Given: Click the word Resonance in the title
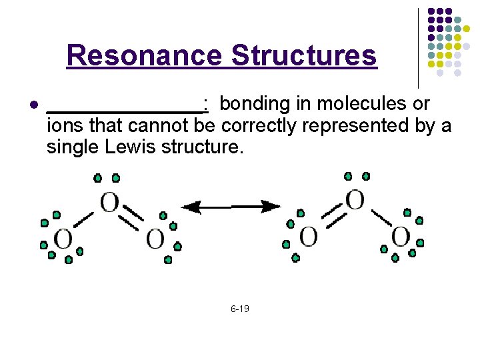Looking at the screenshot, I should (x=145, y=55).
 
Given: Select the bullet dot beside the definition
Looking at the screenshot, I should (x=33, y=105).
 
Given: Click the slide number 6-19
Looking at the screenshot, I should (x=240, y=309).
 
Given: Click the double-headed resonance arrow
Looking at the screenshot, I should (x=232, y=207).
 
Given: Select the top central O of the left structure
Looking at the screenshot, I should (x=109, y=202).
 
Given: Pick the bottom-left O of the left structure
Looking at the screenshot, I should (x=63, y=239).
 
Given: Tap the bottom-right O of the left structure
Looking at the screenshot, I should (x=155, y=238).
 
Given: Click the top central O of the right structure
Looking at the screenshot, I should (x=355, y=199).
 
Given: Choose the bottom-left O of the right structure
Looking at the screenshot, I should (x=308, y=236).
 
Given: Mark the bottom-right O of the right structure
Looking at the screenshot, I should (x=400, y=236).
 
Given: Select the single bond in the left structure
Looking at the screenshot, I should (x=84, y=219).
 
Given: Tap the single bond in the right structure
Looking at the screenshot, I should (x=380, y=217).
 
